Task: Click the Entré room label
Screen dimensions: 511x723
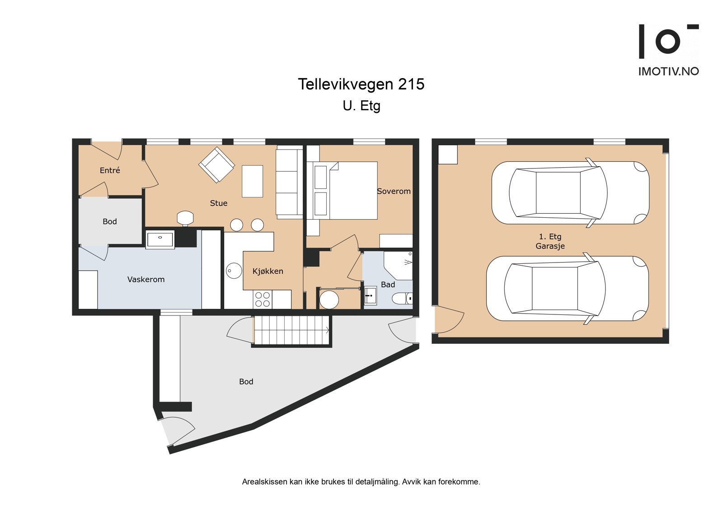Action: coord(110,170)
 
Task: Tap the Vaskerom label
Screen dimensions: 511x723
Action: coord(146,279)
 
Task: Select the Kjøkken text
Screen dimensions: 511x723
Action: coord(268,271)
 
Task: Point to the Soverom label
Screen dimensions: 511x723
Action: coord(394,191)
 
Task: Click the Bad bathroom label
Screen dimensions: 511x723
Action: coord(388,285)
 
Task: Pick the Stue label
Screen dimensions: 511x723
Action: coord(219,203)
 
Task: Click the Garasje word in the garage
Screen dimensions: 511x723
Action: coord(550,246)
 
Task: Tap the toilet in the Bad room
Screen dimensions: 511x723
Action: coord(401,298)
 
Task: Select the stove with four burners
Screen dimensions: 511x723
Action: coord(263,299)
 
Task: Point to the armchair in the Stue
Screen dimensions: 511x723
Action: coord(217,165)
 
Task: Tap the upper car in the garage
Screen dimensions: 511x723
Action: coord(570,193)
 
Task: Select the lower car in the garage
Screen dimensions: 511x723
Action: coord(567,288)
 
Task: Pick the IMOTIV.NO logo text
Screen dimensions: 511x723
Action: coord(668,71)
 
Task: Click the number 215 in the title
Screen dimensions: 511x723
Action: coord(411,84)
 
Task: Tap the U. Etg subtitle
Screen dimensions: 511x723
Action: coord(361,106)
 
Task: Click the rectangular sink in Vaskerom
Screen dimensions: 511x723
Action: coord(160,239)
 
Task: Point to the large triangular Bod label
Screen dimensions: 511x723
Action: coord(246,382)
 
